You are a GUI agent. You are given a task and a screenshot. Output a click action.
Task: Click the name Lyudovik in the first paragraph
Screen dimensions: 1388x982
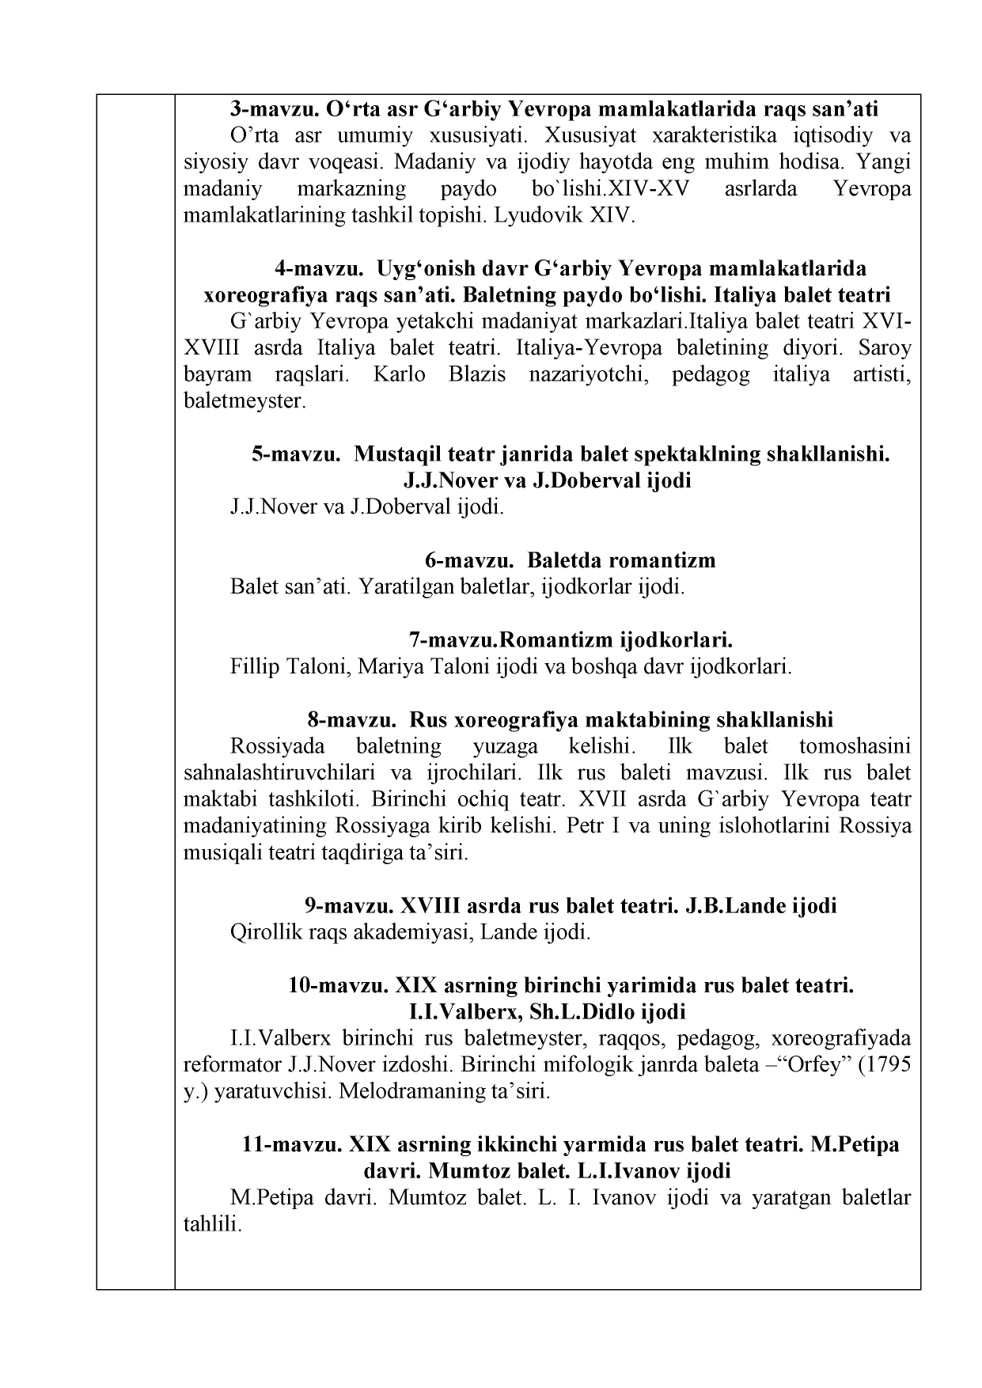539,215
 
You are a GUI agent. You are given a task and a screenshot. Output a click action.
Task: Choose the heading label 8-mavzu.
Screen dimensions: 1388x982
351,720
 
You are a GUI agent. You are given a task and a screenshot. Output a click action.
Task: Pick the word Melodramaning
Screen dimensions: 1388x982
406,1092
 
